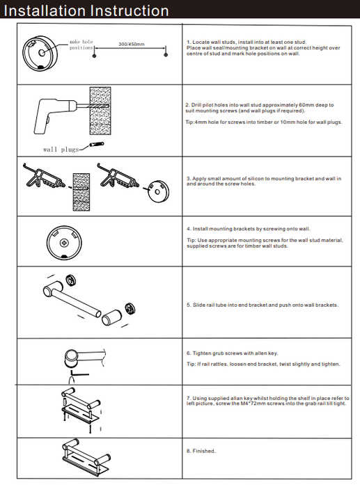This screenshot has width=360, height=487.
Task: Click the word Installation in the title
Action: [44, 10]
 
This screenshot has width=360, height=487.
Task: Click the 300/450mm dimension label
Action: [132, 44]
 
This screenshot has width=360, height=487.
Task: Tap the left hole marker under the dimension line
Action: [95, 55]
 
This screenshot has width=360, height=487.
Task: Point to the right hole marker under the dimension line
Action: [166, 55]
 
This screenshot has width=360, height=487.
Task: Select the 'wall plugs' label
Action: [61, 150]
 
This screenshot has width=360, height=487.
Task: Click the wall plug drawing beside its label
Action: [97, 145]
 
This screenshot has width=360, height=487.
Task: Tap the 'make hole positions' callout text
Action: [81, 45]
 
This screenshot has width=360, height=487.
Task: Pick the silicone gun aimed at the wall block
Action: [44, 176]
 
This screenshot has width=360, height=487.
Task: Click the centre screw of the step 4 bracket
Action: [64, 242]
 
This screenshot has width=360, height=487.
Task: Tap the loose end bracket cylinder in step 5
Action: [112, 317]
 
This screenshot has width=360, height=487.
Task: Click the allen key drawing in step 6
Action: [79, 373]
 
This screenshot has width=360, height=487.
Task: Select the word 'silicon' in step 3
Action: [256, 179]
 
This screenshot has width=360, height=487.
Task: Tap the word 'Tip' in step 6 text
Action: [191, 364]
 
